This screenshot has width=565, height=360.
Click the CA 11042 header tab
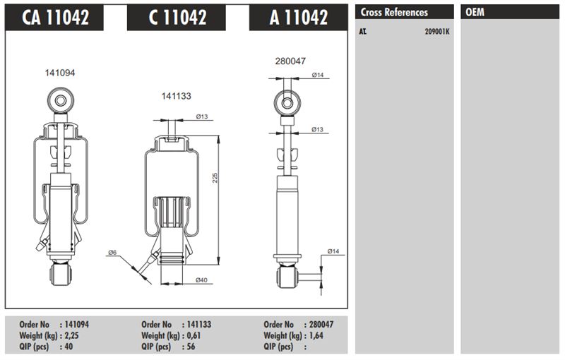pyautogui.click(x=54, y=17)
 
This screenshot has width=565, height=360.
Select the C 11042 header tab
pyautogui.click(x=177, y=17)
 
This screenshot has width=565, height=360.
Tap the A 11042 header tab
pyautogui.click(x=298, y=17)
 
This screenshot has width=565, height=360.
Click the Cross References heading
pyautogui.click(x=394, y=12)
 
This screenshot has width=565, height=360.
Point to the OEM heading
pyautogui.click(x=475, y=12)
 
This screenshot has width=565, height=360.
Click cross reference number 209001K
pyautogui.click(x=437, y=32)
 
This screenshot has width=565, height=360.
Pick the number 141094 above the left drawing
pyautogui.click(x=60, y=73)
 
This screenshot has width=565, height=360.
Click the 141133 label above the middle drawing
pyautogui.click(x=176, y=96)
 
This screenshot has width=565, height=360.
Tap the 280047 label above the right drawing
pyautogui.click(x=290, y=61)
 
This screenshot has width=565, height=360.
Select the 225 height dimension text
pyautogui.click(x=215, y=178)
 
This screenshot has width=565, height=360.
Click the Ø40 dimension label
pyautogui.click(x=201, y=280)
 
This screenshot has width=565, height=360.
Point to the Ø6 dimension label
pyautogui.click(x=112, y=253)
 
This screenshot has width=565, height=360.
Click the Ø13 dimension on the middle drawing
pyautogui.click(x=202, y=116)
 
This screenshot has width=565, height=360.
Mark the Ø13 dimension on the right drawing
pyautogui.click(x=317, y=129)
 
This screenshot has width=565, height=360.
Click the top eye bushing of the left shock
pyautogui.click(x=61, y=100)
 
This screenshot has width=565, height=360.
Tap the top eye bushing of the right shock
pyautogui.click(x=287, y=103)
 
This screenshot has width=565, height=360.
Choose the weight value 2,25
pyautogui.click(x=72, y=336)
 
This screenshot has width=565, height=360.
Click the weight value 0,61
pyautogui.click(x=194, y=336)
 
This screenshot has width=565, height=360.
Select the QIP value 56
pyautogui.click(x=191, y=347)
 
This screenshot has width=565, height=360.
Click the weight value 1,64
pyautogui.click(x=316, y=336)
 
